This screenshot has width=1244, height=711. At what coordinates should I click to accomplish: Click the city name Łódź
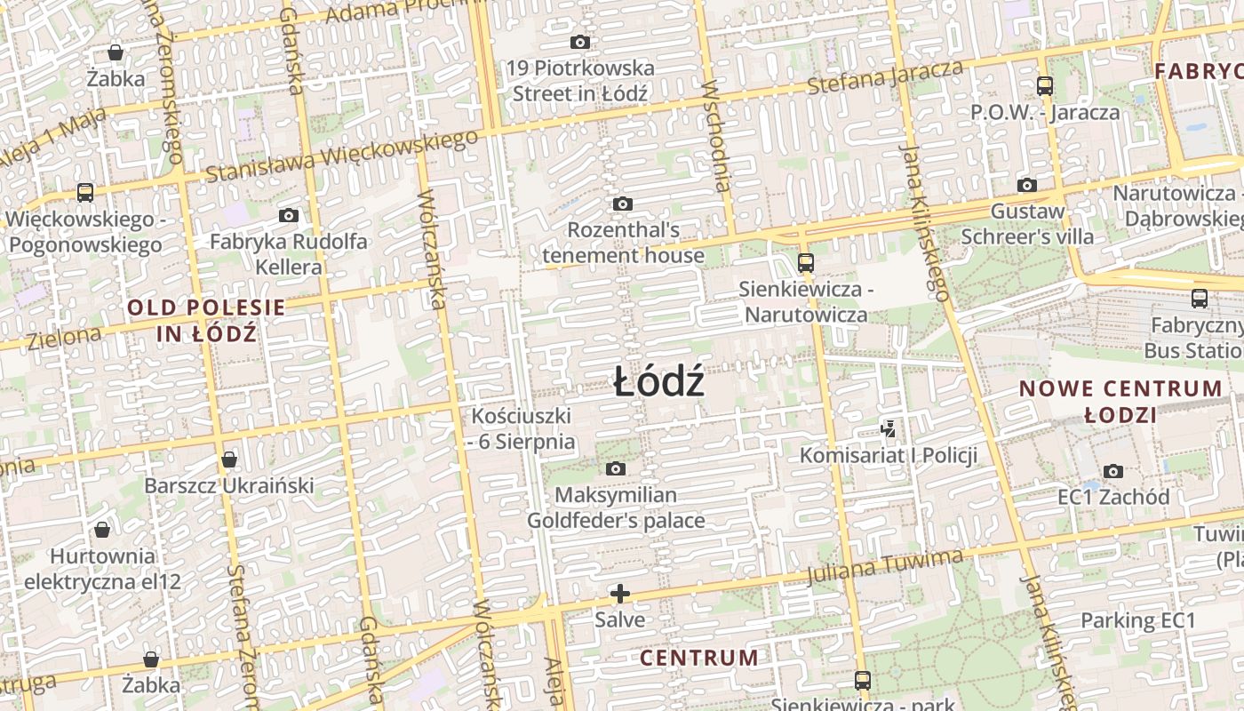point(658,382)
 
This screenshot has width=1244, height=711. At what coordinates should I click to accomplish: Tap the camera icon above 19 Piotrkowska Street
point(580,42)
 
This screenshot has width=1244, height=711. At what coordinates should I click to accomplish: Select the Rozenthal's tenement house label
point(623,243)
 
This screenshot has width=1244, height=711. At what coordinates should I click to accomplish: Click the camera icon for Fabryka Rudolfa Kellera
point(288,215)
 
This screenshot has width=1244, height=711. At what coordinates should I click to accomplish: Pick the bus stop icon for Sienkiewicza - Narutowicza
point(806,262)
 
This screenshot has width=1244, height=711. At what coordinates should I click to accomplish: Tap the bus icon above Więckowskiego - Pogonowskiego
point(85,192)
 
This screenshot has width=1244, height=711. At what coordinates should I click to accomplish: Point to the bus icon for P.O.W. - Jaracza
point(1045,86)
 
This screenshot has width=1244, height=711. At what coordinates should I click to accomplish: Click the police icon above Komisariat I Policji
point(888,429)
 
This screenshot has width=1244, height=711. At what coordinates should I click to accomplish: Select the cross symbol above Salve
point(620,593)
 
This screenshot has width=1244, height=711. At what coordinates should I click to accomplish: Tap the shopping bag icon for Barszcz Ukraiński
point(229,459)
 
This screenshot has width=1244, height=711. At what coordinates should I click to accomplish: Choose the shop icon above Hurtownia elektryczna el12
point(102,530)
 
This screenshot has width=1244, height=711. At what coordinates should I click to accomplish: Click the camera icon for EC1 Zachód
point(1113,471)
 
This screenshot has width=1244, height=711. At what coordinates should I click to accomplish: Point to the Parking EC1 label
point(1138,620)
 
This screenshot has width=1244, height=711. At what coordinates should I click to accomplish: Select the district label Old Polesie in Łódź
point(207,321)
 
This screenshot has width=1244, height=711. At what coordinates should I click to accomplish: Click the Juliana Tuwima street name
point(885,567)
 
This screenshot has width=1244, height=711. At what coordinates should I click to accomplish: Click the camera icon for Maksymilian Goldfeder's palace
point(616,468)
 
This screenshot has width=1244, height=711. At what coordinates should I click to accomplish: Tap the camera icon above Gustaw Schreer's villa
point(1027,186)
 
